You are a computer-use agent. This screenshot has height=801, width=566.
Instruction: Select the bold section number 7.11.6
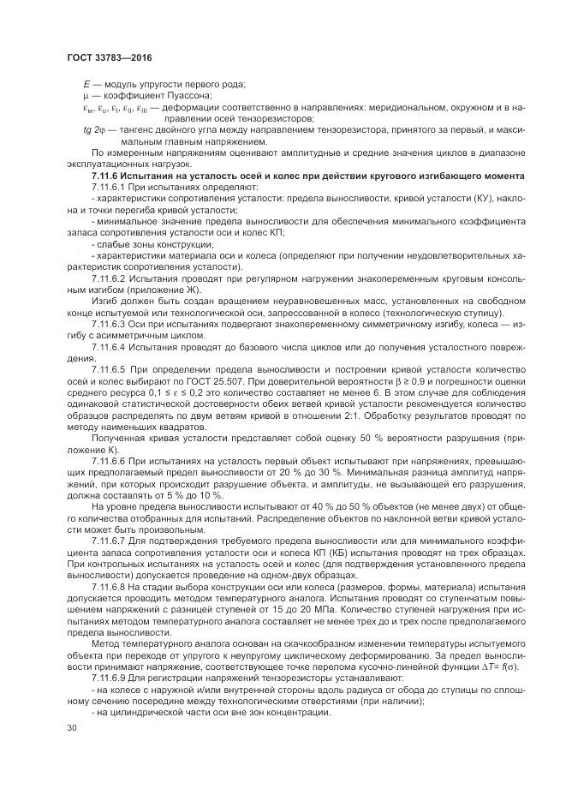[x=106, y=176]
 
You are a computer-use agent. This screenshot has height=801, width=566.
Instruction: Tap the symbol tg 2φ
[x=93, y=129]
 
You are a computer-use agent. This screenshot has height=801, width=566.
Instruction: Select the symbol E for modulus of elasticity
[x=86, y=83]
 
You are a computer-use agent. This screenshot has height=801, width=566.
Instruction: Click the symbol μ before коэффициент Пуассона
[x=86, y=95]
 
